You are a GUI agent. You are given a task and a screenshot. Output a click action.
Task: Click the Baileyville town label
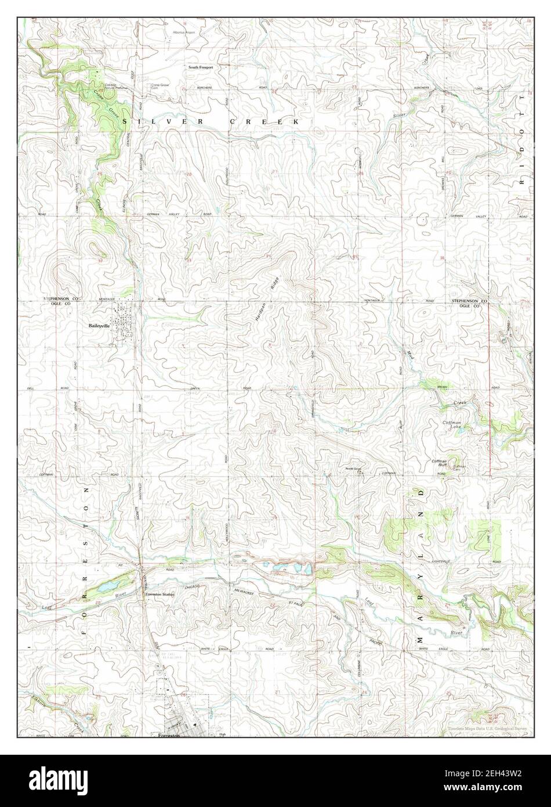tap(99, 326)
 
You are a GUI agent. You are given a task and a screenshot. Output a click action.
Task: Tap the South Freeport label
tap(200, 67)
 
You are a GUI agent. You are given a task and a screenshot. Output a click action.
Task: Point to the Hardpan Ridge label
tap(267, 297)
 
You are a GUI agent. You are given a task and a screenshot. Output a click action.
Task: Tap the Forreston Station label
tap(159, 595)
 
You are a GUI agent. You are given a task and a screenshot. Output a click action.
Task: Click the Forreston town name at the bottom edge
tap(169, 735)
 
